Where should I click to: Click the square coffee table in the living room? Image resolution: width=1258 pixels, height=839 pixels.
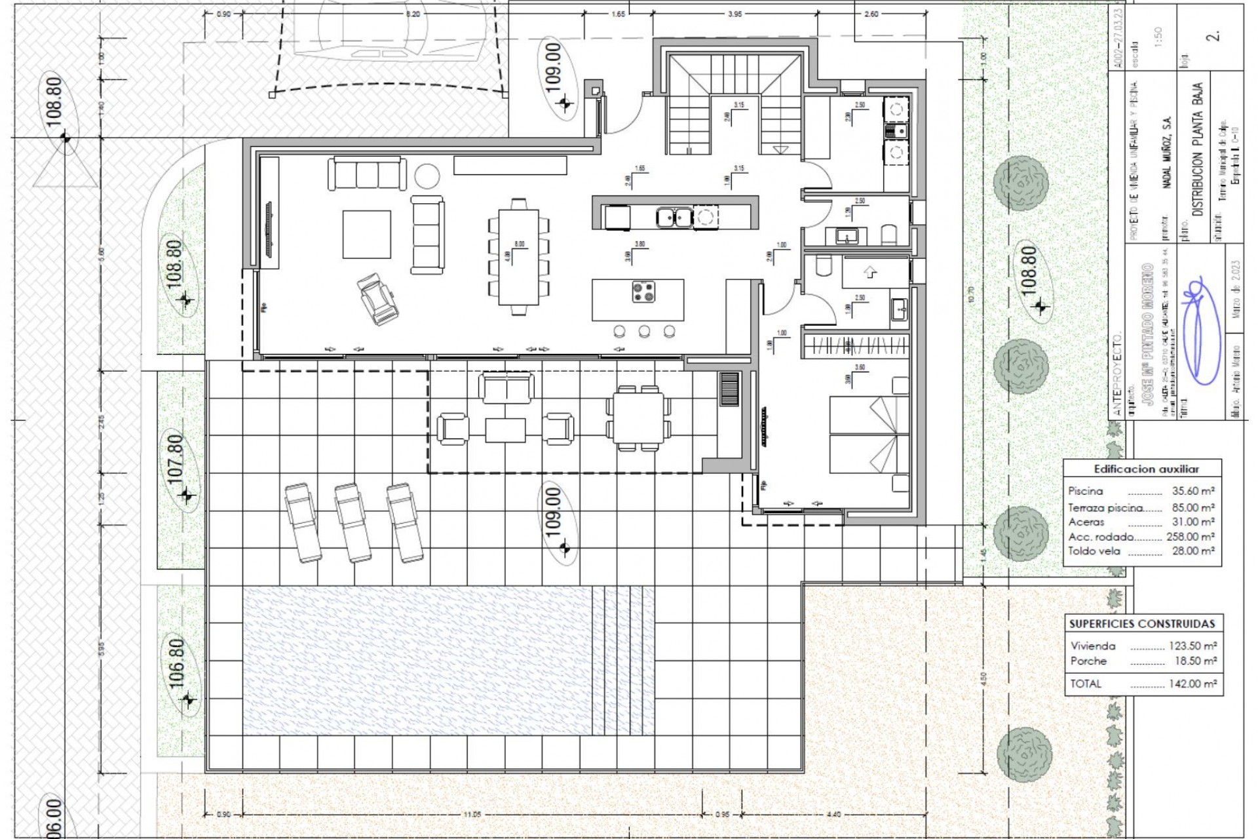pyautogui.click(x=367, y=233)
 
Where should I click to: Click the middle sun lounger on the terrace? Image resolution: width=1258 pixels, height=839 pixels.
pyautogui.click(x=353, y=522)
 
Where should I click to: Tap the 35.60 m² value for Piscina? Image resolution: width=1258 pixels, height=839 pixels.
pyautogui.click(x=1193, y=491)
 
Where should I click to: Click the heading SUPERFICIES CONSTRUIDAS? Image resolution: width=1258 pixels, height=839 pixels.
pyautogui.click(x=1142, y=623)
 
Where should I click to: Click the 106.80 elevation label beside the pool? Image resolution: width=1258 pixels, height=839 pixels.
pyautogui.click(x=178, y=663)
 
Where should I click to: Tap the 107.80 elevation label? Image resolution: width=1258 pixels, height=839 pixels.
pyautogui.click(x=176, y=459)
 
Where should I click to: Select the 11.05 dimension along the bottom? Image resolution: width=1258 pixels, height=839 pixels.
pyautogui.click(x=472, y=815)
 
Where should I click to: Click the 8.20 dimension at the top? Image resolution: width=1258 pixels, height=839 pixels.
pyautogui.click(x=413, y=14)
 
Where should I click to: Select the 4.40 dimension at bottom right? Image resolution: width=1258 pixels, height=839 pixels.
pyautogui.click(x=834, y=815)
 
